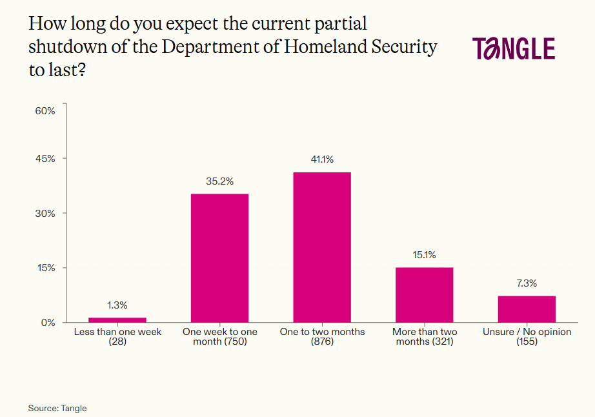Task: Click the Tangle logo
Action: [x=513, y=49]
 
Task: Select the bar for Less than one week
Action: [x=117, y=320]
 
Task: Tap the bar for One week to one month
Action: [x=219, y=258]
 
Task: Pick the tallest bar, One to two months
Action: [x=322, y=247]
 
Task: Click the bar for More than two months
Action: [x=424, y=294]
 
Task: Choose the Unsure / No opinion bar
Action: [x=527, y=309]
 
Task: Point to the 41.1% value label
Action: [x=322, y=159]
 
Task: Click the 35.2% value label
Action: [x=219, y=181]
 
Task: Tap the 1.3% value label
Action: [x=117, y=305]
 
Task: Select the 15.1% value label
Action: [x=424, y=255]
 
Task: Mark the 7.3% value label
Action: [x=527, y=283]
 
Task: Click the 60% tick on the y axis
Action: [x=45, y=111]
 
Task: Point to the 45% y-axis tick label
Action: [x=45, y=159]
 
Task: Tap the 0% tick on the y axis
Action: [x=48, y=322]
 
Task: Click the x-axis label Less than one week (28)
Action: [x=117, y=336]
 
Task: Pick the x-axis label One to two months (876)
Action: [x=322, y=336]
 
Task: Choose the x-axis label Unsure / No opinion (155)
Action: [x=527, y=336]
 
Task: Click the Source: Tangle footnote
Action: [x=57, y=408]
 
